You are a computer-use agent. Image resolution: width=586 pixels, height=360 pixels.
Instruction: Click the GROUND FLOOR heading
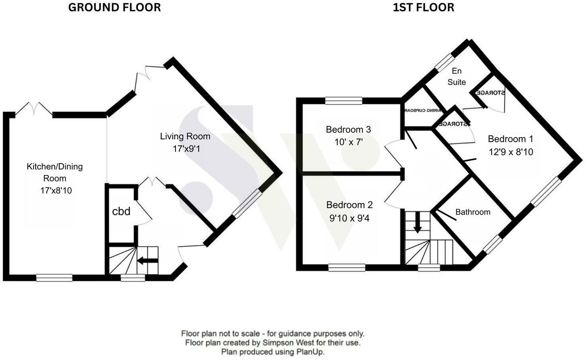pyautogui.click(x=114, y=8)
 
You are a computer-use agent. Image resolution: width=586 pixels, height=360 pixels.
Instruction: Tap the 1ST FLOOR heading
pyautogui.click(x=423, y=8)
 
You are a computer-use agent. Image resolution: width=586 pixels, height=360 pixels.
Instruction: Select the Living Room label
pyautogui.click(x=185, y=136)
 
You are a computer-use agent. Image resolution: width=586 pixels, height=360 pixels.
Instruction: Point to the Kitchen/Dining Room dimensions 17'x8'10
pyautogui.click(x=56, y=190)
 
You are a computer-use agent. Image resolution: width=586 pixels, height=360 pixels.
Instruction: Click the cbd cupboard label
pyautogui.click(x=121, y=211)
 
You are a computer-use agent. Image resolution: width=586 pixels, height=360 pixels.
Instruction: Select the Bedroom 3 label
pyautogui.click(x=348, y=129)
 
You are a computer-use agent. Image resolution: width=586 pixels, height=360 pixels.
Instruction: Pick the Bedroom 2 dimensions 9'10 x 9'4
pyautogui.click(x=349, y=218)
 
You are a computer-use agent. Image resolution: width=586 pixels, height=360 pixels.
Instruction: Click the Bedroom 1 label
pyautogui.click(x=510, y=139)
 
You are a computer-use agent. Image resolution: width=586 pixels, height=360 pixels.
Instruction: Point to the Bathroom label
pyautogui.click(x=473, y=212)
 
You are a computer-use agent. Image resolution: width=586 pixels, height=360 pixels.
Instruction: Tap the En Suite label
pyautogui.click(x=457, y=76)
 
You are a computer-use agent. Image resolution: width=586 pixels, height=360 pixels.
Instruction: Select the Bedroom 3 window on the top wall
pyautogui.click(x=344, y=101)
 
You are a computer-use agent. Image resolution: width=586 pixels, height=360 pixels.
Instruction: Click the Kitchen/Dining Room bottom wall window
pyautogui.click(x=54, y=278)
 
